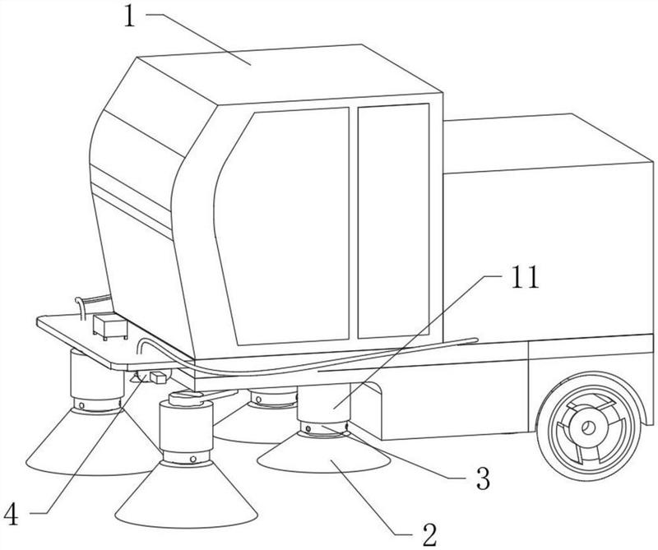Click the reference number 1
[x=130, y=16]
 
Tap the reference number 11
[x=525, y=277]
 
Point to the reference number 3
[x=483, y=478]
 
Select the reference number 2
[x=429, y=534]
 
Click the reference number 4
[x=11, y=515]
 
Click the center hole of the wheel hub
[x=588, y=428]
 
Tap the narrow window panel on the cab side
[x=394, y=220]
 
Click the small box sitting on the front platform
[x=110, y=326]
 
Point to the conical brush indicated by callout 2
[x=323, y=454]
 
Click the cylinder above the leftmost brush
[x=95, y=377]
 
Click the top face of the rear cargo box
[x=545, y=143]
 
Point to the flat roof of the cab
[x=290, y=74]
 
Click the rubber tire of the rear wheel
[x=589, y=427]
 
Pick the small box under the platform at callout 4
[x=158, y=377]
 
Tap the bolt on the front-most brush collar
[x=192, y=459]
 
